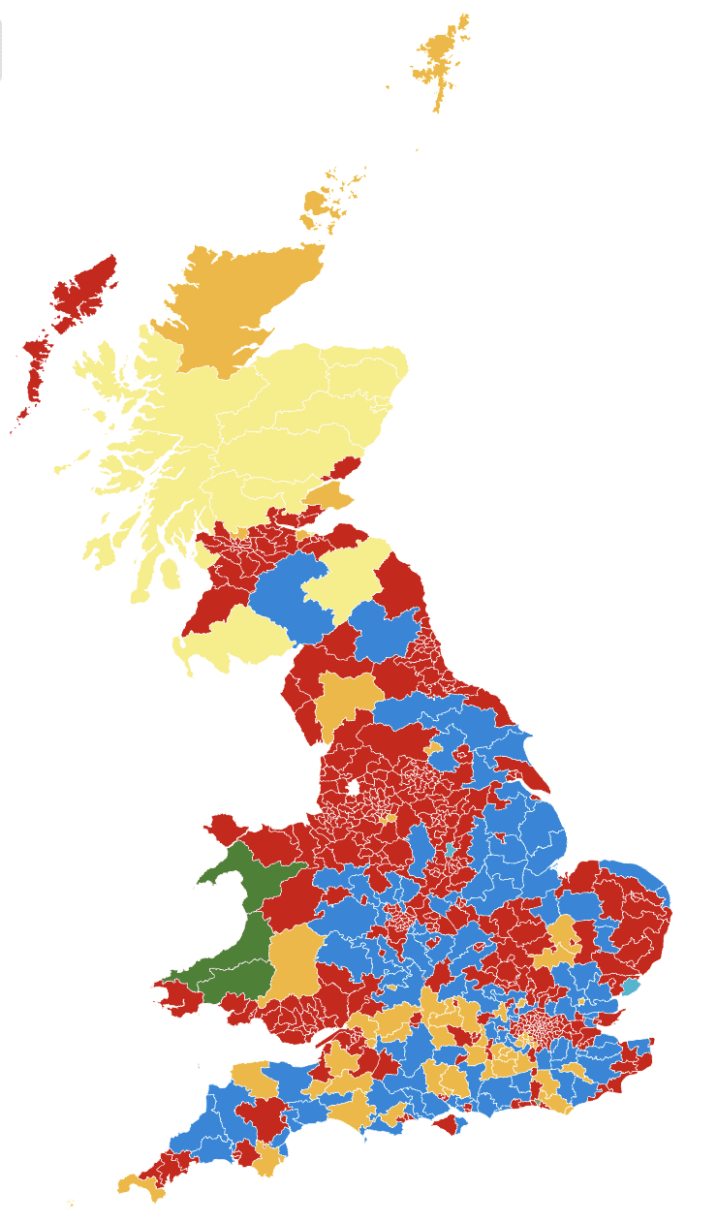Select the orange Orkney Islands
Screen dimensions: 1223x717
(317, 203)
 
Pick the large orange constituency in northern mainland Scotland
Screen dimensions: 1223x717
(237, 300)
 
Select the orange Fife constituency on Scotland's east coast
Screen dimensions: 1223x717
(329, 496)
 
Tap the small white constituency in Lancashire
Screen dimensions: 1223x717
(353, 787)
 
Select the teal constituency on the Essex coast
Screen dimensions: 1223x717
(631, 988)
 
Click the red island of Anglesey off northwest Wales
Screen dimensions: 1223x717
(225, 830)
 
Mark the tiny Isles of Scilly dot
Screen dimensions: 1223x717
(71, 1204)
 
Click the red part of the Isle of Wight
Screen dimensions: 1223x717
(448, 1125)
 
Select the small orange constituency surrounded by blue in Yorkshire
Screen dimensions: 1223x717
(433, 748)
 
